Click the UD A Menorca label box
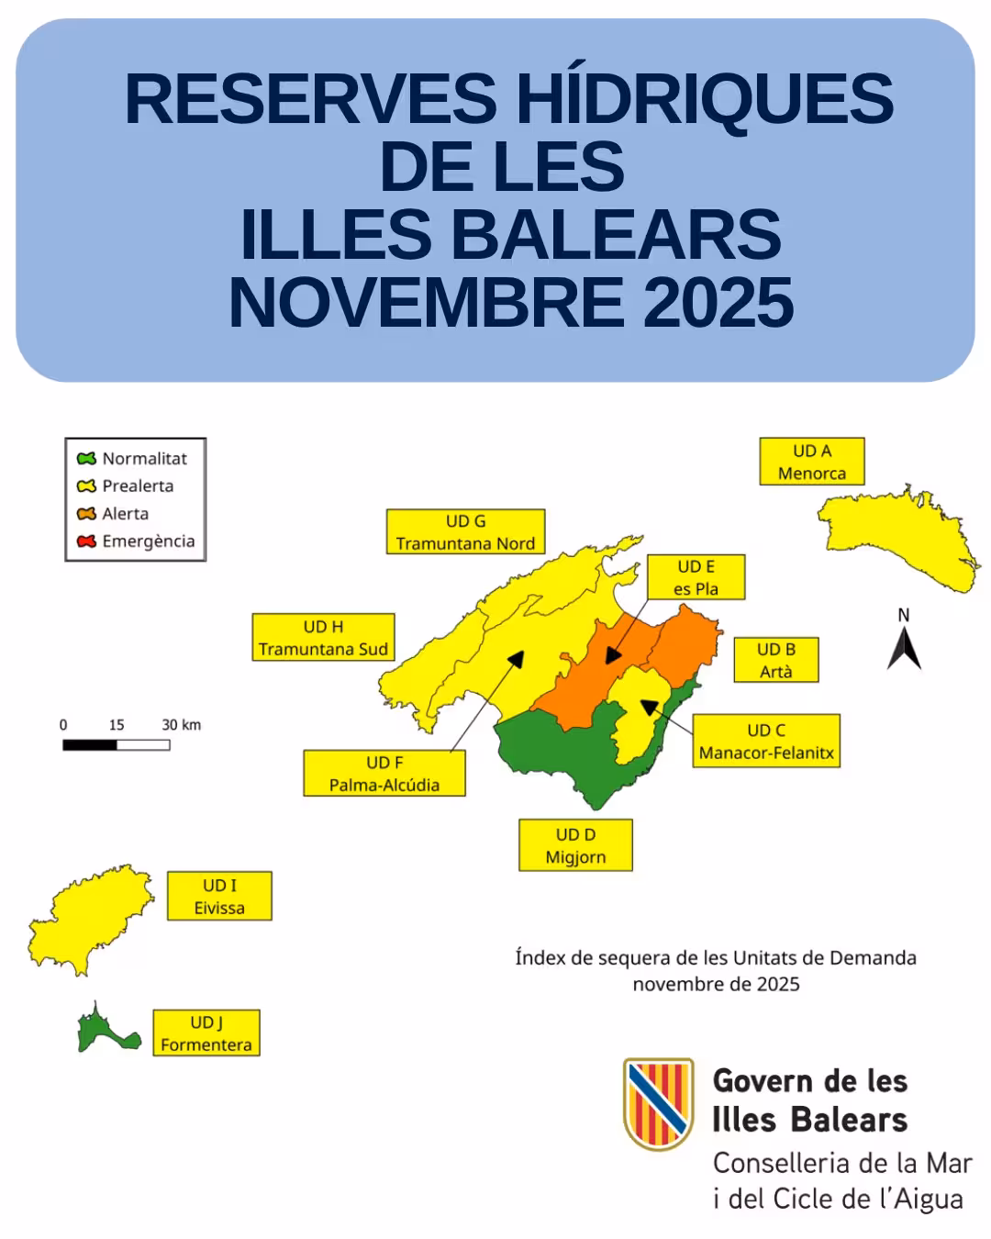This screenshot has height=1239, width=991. (811, 462)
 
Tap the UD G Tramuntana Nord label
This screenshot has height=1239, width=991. (465, 532)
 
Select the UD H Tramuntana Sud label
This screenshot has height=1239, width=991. (323, 638)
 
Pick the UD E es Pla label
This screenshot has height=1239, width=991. (696, 577)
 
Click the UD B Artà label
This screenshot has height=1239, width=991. (775, 660)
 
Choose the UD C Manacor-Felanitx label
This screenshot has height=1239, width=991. (766, 742)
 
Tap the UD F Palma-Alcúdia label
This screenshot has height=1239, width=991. (384, 774)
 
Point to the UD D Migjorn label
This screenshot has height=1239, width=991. (575, 846)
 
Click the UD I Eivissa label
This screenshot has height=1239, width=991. (219, 897)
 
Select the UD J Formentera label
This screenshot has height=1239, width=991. (206, 1033)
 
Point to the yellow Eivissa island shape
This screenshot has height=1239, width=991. (87, 918)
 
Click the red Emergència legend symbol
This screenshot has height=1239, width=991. (87, 541)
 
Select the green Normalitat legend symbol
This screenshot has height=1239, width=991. (87, 458)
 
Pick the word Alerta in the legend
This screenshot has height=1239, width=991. (126, 514)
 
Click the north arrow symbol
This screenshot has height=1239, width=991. (904, 647)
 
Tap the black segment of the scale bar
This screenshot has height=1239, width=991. (90, 745)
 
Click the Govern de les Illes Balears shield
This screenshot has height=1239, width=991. (658, 1102)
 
